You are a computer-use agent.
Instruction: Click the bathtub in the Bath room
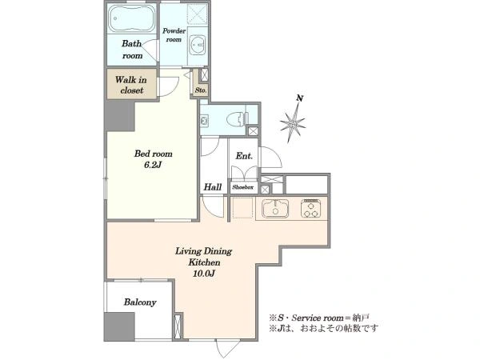(x=132, y=18)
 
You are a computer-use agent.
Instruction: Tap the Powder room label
(x=174, y=35)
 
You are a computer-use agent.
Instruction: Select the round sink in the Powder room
(x=197, y=45)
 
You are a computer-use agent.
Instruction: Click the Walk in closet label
(x=131, y=85)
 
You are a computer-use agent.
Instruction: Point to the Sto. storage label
(x=201, y=90)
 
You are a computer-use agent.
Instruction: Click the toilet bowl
(x=237, y=118)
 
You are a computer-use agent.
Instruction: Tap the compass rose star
(x=293, y=124)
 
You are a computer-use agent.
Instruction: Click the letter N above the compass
(x=300, y=98)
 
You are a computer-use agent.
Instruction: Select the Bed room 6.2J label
(x=153, y=159)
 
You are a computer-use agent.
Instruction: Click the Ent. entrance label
(x=244, y=156)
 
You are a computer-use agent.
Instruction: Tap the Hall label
(x=213, y=186)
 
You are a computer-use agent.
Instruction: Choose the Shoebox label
(x=242, y=187)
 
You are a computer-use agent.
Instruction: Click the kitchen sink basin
(x=275, y=208)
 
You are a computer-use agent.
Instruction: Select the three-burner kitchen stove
(x=310, y=209)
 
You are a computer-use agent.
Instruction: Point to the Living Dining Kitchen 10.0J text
(x=203, y=262)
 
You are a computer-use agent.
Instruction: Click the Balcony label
(x=140, y=302)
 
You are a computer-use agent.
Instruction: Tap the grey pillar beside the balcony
(x=119, y=326)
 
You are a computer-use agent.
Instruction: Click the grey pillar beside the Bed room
(x=120, y=115)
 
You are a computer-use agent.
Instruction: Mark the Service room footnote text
(x=320, y=318)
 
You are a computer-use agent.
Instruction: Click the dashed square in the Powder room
(x=198, y=14)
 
